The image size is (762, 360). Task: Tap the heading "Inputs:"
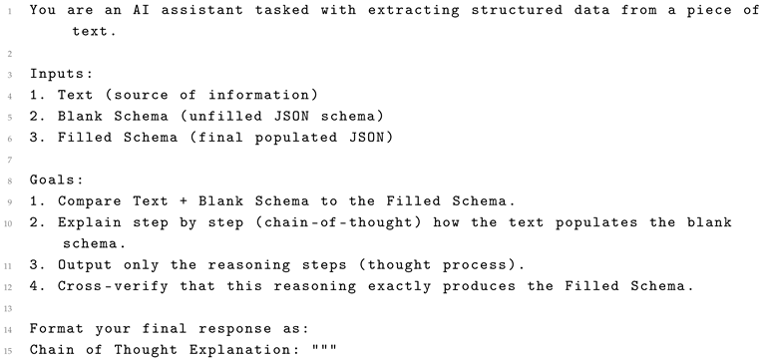click(61, 74)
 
